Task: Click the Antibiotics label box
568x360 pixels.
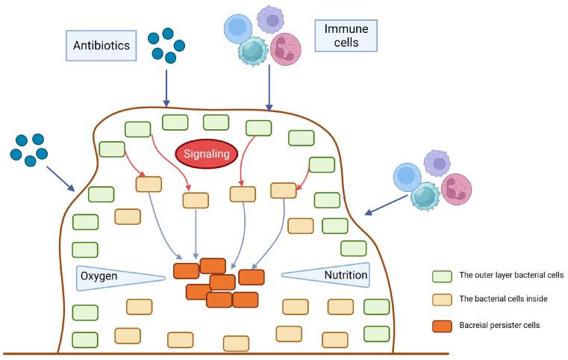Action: tap(102, 46)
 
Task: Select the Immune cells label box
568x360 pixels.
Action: tap(346, 35)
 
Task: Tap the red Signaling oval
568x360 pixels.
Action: tap(206, 155)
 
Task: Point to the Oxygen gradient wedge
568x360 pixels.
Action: tap(119, 276)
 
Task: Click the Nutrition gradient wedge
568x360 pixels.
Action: tap(327, 274)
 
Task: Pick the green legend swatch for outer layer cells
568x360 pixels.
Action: tap(441, 276)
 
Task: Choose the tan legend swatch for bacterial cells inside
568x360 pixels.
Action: tap(441, 300)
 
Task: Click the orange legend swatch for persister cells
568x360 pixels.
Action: tap(441, 326)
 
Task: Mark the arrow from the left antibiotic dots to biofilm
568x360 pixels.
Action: tap(60, 178)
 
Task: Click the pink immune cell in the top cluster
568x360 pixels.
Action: tap(286, 50)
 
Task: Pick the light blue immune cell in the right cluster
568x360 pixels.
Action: tap(408, 178)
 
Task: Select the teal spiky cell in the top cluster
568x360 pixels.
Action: tap(253, 53)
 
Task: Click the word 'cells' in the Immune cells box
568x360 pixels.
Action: tap(346, 43)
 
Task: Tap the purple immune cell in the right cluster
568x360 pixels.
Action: tap(437, 163)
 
